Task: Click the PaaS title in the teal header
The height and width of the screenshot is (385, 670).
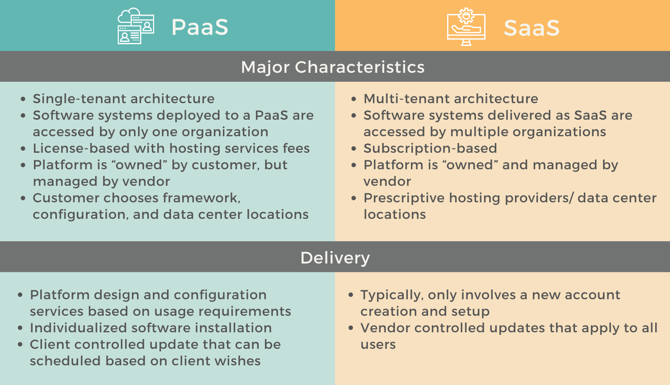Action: [200, 27]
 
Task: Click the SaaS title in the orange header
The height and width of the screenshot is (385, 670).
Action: [531, 28]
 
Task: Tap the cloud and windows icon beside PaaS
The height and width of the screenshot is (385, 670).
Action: [136, 26]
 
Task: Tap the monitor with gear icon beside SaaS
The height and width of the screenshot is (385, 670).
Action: [466, 27]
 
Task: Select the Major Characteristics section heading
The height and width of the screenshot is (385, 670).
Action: [333, 67]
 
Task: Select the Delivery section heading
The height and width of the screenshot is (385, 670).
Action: [335, 258]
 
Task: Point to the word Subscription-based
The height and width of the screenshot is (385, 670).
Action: [430, 148]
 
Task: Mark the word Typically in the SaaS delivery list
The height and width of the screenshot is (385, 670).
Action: [392, 295]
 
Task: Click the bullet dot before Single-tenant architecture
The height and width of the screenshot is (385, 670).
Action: [23, 99]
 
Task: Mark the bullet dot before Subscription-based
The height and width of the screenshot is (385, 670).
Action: [354, 149]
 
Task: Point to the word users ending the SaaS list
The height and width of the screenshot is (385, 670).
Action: [378, 345]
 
